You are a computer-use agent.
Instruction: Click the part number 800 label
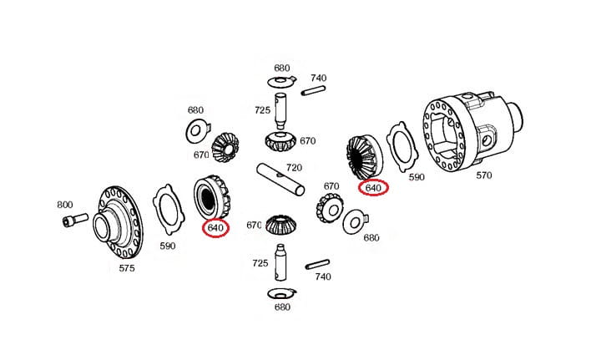pyautogui.click(x=64, y=205)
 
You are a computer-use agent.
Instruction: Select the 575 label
pyautogui.click(x=126, y=268)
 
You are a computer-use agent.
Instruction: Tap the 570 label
pyautogui.click(x=485, y=175)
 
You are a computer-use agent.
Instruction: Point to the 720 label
pyautogui.click(x=293, y=168)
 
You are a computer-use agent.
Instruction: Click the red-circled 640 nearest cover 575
pyautogui.click(x=215, y=228)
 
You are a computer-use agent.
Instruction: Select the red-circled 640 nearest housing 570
pyautogui.click(x=372, y=188)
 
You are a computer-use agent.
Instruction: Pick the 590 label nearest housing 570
pyautogui.click(x=415, y=177)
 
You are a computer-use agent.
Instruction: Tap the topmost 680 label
pyautogui.click(x=282, y=68)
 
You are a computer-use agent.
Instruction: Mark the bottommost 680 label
pyautogui.click(x=282, y=307)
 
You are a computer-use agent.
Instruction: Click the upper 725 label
pyautogui.click(x=262, y=110)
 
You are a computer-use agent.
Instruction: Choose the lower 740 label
pyautogui.click(x=322, y=276)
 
